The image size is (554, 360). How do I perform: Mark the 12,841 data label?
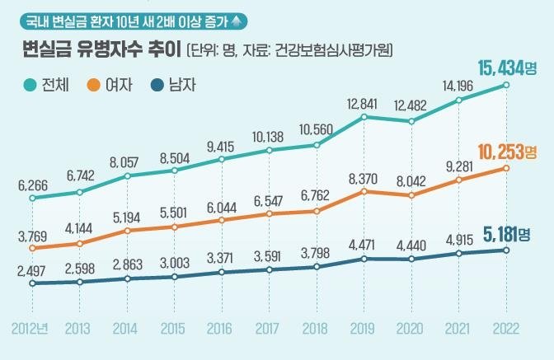tap(362, 103)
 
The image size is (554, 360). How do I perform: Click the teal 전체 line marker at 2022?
tap(505, 85)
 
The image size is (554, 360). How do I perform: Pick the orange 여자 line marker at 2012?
tap(32, 248)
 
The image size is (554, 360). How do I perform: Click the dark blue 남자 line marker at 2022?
tap(505, 250)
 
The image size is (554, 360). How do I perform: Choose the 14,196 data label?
tap(459, 85)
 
